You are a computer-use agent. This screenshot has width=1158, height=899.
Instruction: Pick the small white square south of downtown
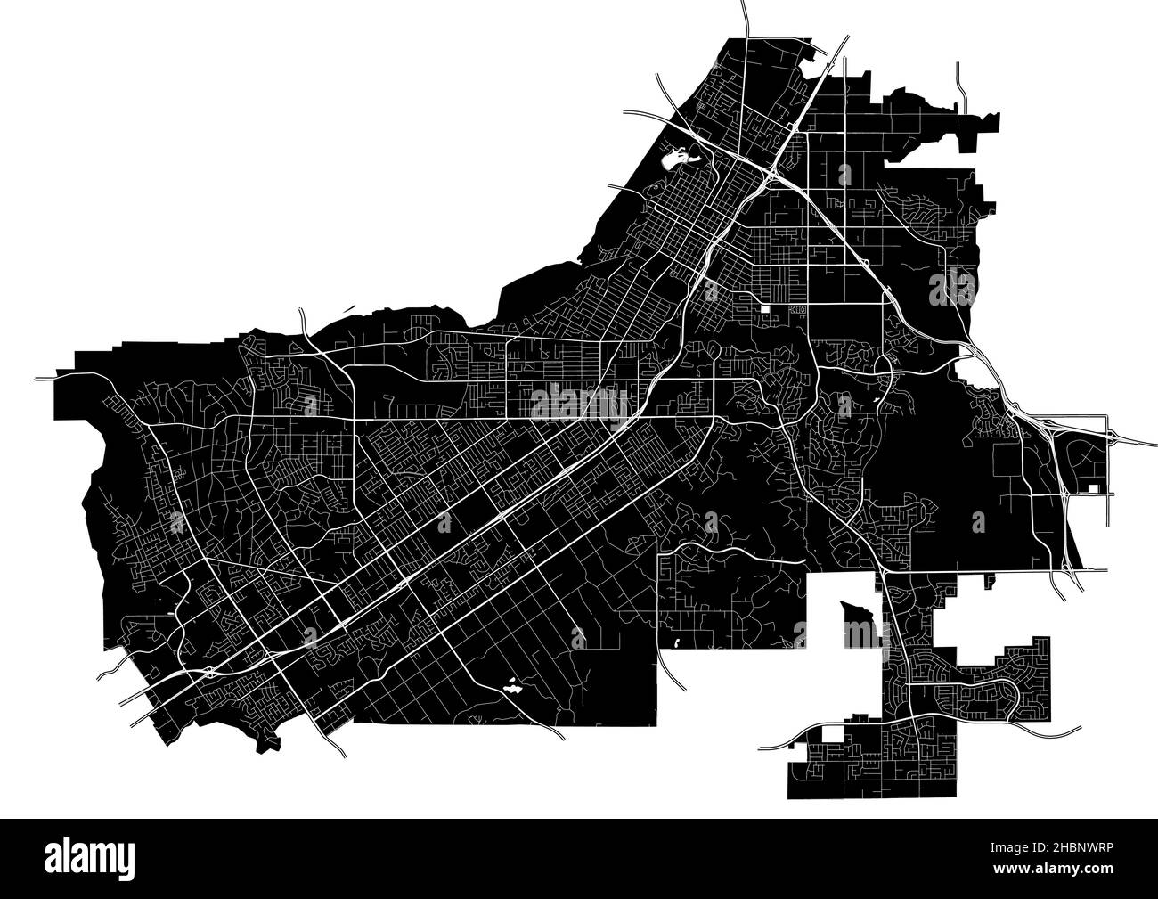pos(766,309)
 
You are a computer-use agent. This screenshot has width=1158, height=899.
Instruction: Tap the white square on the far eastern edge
pos(1094,488)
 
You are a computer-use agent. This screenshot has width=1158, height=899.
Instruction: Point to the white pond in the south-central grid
pos(512,687)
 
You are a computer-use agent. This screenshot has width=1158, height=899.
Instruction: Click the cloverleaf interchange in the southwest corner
pos(208,673)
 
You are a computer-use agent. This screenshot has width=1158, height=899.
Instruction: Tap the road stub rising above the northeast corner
pos(958,80)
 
